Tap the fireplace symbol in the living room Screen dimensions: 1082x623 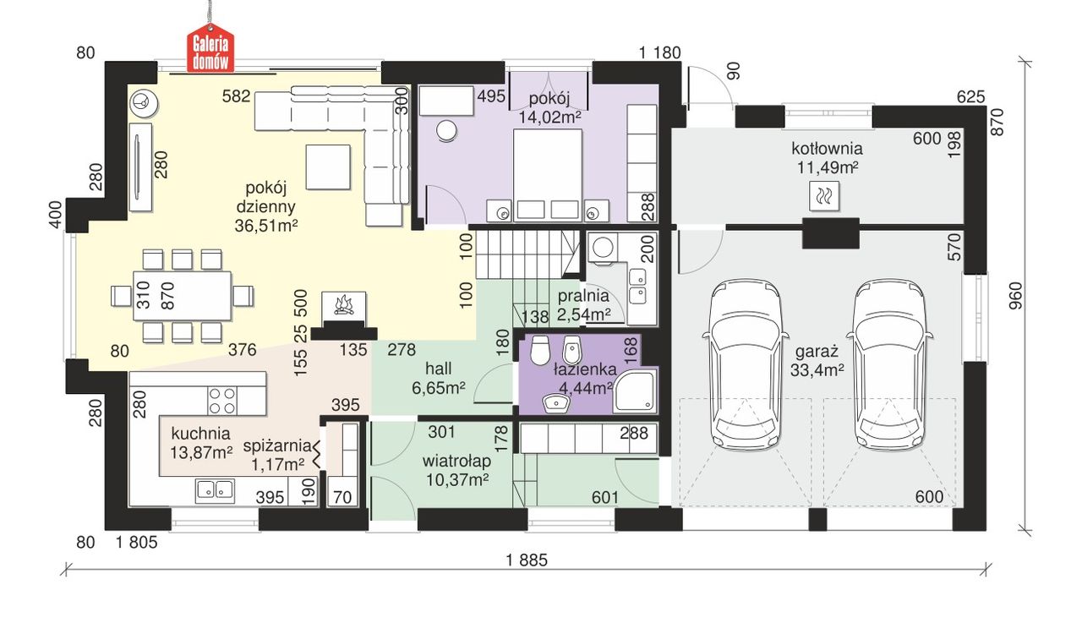point(344,305)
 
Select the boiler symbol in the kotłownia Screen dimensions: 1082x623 point(824,196)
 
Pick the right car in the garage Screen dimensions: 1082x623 point(889,363)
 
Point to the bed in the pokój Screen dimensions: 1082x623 point(547,175)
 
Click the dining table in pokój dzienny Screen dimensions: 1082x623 point(183,296)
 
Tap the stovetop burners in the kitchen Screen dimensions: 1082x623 point(222,401)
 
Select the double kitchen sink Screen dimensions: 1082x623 point(215,490)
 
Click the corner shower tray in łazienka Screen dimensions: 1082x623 point(635,391)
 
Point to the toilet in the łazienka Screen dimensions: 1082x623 point(540,350)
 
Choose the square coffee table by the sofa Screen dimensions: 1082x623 point(328,167)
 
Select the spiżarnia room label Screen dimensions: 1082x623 point(277,445)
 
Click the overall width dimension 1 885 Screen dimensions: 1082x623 point(527,560)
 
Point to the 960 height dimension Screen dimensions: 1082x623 point(1016,296)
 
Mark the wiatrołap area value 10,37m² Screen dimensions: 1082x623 point(457,479)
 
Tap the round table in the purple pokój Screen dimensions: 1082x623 point(446,131)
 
